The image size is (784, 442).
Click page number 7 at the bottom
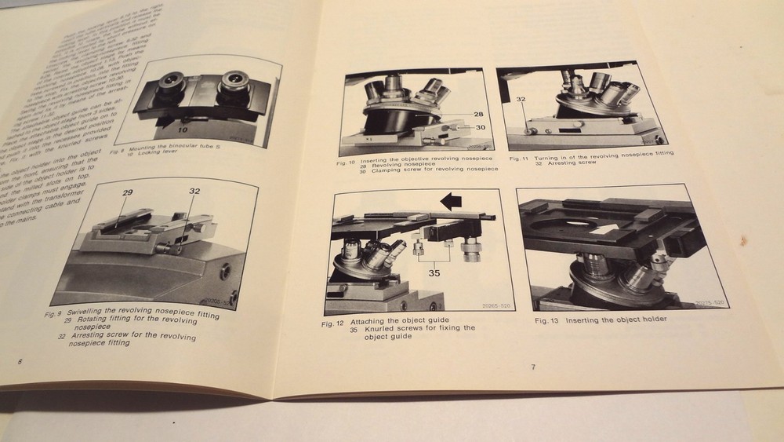tap(532, 367)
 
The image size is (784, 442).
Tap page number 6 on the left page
tap(20, 362)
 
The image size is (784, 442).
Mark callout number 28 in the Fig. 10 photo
tap(478, 115)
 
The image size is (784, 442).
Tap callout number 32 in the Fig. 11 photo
tap(520, 100)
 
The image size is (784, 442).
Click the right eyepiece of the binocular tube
tap(234, 85)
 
